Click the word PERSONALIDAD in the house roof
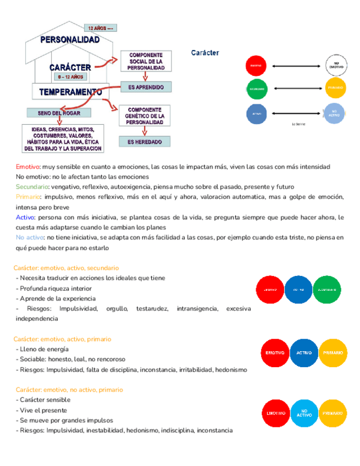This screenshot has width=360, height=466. tap(70, 40)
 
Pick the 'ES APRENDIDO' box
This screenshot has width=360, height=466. tap(146, 87)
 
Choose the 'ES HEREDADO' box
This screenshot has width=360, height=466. tap(145, 142)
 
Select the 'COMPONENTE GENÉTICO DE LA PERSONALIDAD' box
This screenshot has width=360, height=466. tap(146, 115)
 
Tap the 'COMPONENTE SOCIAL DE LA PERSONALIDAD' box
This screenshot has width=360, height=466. tap(146, 62)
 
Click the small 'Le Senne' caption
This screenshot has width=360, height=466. tap(298, 125)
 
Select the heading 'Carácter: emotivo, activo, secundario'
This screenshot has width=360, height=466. tap(66, 268)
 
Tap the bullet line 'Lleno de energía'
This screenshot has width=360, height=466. tap(44, 349)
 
